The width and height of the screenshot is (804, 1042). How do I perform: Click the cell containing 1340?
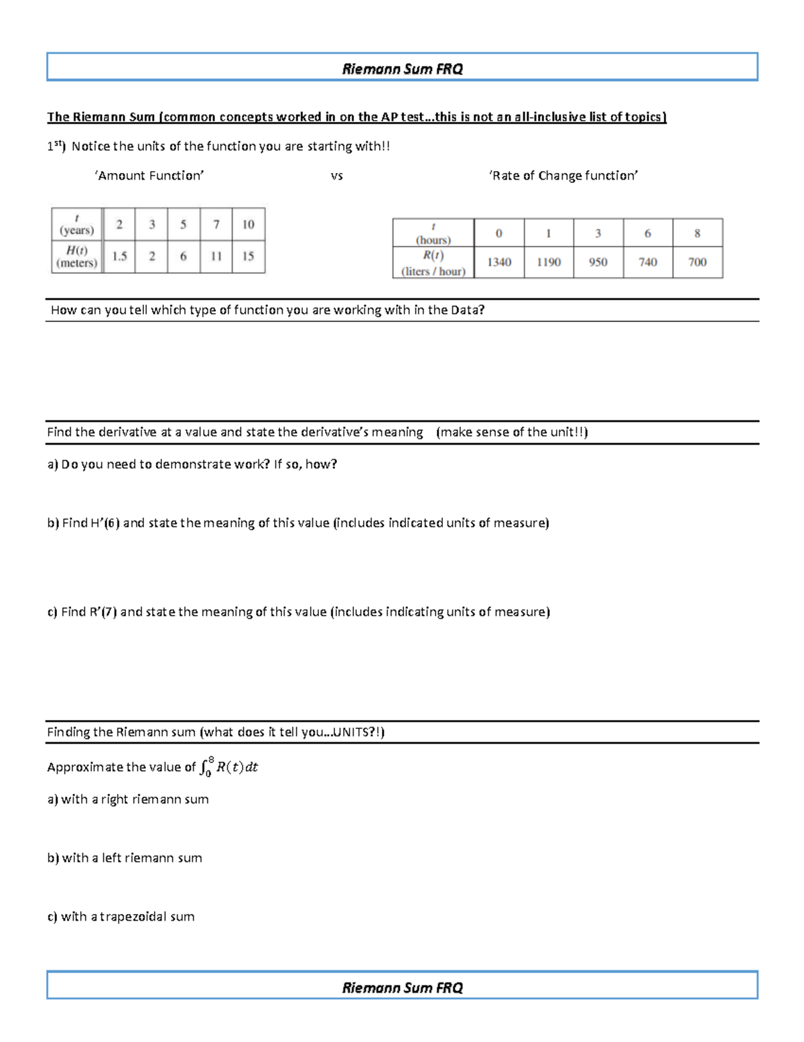[499, 262]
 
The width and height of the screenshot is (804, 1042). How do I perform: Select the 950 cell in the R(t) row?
[598, 262]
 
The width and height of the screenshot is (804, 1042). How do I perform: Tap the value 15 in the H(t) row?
[248, 256]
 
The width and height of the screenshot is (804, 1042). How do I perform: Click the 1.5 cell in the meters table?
[119, 256]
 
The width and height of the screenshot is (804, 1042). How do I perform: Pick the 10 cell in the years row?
[248, 225]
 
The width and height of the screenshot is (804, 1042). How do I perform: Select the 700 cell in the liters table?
[697, 262]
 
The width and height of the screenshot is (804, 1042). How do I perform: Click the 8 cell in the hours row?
[697, 233]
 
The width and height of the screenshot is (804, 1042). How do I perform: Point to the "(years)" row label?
[77, 231]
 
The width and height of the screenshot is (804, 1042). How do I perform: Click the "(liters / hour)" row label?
[433, 272]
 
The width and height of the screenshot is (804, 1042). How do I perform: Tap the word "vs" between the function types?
[336, 176]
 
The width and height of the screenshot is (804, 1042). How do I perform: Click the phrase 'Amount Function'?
[149, 176]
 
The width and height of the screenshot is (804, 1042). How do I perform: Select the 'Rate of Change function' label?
[563, 176]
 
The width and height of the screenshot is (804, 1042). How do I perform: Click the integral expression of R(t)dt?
[229, 766]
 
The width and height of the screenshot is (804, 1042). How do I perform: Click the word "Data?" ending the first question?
[467, 310]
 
